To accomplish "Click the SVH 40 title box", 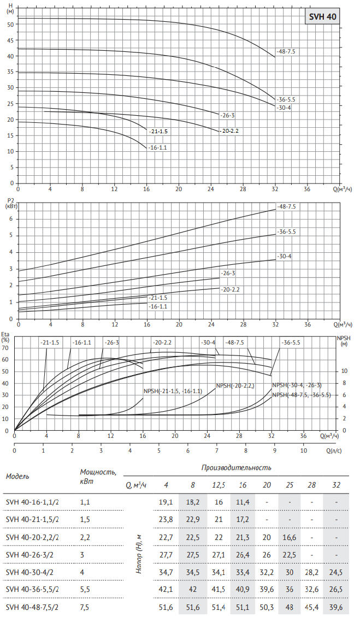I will pos(323,17).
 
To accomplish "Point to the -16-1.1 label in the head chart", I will pos(157,147).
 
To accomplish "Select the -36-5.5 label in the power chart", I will pos(286,232).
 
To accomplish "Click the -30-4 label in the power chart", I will pos(284,256).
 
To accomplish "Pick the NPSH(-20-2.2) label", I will pos(235,385).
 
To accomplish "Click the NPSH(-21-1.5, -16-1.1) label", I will pos(173,391).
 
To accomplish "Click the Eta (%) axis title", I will pos(5,336).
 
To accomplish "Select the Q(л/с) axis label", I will pos(334,451).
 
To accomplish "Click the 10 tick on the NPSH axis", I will pos(344,371).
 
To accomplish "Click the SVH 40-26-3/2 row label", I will pos(33,554).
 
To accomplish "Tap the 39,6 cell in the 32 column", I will pos(337,607).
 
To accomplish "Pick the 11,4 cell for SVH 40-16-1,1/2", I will pos(243,502).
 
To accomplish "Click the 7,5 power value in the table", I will pos(85,607).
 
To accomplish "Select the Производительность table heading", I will pos(236,468).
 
